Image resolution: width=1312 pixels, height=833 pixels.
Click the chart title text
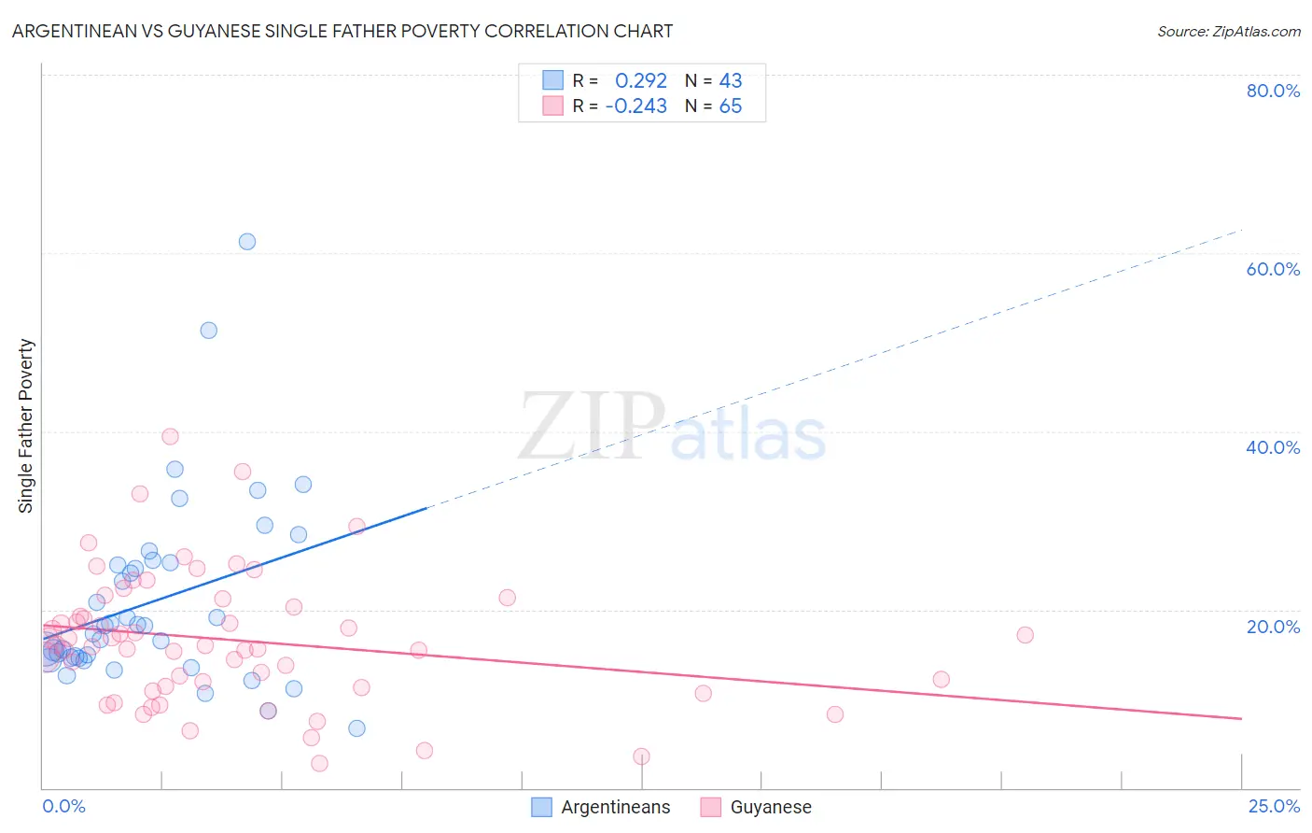342,31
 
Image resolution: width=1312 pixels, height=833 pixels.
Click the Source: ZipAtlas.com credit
1228,31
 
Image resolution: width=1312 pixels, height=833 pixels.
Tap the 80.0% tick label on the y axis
1273,91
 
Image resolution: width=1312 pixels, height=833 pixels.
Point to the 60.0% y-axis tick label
1273,269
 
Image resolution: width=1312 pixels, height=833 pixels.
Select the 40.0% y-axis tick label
1273,447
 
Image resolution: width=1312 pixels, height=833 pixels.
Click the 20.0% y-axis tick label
1273,626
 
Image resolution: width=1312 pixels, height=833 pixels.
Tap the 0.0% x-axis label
63,806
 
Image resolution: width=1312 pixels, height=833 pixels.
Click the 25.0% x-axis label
1274,806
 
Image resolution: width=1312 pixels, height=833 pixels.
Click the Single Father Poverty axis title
26,426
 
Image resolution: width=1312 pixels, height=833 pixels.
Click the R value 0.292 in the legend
640,81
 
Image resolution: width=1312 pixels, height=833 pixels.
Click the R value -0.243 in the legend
636,106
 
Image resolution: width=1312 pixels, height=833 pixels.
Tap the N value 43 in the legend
731,81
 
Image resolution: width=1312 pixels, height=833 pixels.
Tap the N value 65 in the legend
731,106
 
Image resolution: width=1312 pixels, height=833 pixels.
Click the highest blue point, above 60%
247,242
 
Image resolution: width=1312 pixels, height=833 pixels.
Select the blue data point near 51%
209,331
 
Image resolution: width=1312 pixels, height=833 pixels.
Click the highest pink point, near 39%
170,436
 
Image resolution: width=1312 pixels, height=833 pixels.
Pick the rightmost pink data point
1025,635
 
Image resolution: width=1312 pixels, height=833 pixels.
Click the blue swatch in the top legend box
553,80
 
